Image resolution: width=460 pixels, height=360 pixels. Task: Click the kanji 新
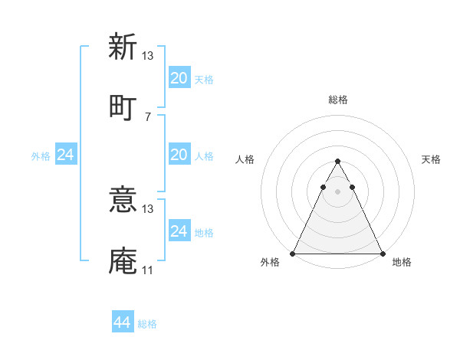coord(122,47)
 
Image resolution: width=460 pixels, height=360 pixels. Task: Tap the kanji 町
coord(122,106)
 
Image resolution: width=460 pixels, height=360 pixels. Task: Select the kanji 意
coord(122,200)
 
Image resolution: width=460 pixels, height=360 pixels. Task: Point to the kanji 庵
coord(122,260)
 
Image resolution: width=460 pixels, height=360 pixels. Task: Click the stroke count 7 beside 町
coord(147,116)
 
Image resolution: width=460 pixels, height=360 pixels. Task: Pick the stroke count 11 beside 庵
coord(147,270)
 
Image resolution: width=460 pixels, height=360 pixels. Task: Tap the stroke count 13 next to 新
coord(147,56)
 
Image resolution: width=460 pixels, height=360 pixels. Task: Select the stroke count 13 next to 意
coord(147,209)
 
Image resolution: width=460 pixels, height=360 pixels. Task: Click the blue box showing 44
coord(123,322)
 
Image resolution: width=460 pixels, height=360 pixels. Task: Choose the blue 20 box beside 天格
coord(179,78)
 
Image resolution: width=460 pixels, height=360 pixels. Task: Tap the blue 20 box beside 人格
coord(179,155)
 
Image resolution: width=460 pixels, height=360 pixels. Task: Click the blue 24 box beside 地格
coord(179,231)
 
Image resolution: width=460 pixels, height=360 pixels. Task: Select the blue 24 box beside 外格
coord(65,155)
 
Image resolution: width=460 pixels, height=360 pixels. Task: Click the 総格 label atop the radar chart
coord(337,100)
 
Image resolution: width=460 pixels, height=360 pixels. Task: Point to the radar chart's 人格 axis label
coord(245,159)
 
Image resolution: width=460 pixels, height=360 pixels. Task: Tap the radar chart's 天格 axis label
coord(431,159)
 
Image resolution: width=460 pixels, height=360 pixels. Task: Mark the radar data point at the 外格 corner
coord(293,254)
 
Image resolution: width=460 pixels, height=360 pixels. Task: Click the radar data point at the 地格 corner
coord(382,254)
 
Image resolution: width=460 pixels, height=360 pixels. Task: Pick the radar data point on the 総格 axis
coord(337,162)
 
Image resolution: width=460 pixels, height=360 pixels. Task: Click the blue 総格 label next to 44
coord(147,324)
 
